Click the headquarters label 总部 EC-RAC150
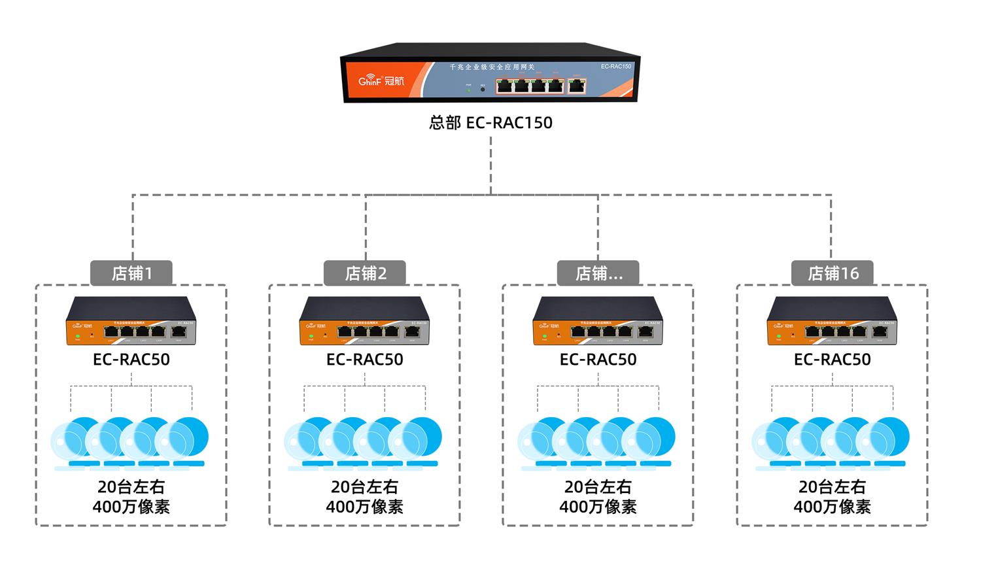point(490,123)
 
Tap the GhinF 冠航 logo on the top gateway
point(381,80)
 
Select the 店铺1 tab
point(131,273)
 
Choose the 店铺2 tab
point(365,273)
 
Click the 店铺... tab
point(598,273)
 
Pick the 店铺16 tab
point(833,273)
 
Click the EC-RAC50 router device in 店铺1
point(131,321)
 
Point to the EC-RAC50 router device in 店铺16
point(832,321)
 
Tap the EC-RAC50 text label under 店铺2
point(365,360)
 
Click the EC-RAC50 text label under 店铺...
point(598,360)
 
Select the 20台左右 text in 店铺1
point(131,487)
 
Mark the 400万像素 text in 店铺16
point(832,507)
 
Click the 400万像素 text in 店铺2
point(365,507)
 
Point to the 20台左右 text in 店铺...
point(598,487)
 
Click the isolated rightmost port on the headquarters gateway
point(577,85)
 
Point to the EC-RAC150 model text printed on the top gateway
point(616,67)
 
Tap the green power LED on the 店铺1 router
point(78,335)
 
